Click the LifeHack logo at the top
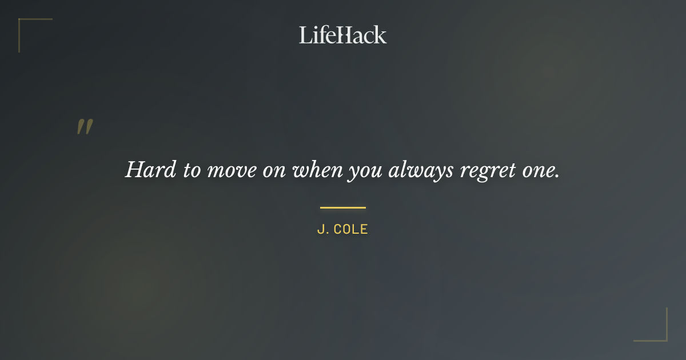click(x=342, y=35)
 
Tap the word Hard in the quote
click(x=150, y=170)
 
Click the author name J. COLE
click(x=342, y=230)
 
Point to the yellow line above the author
click(x=342, y=207)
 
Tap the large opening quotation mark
click(x=85, y=127)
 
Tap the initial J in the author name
click(x=320, y=230)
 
